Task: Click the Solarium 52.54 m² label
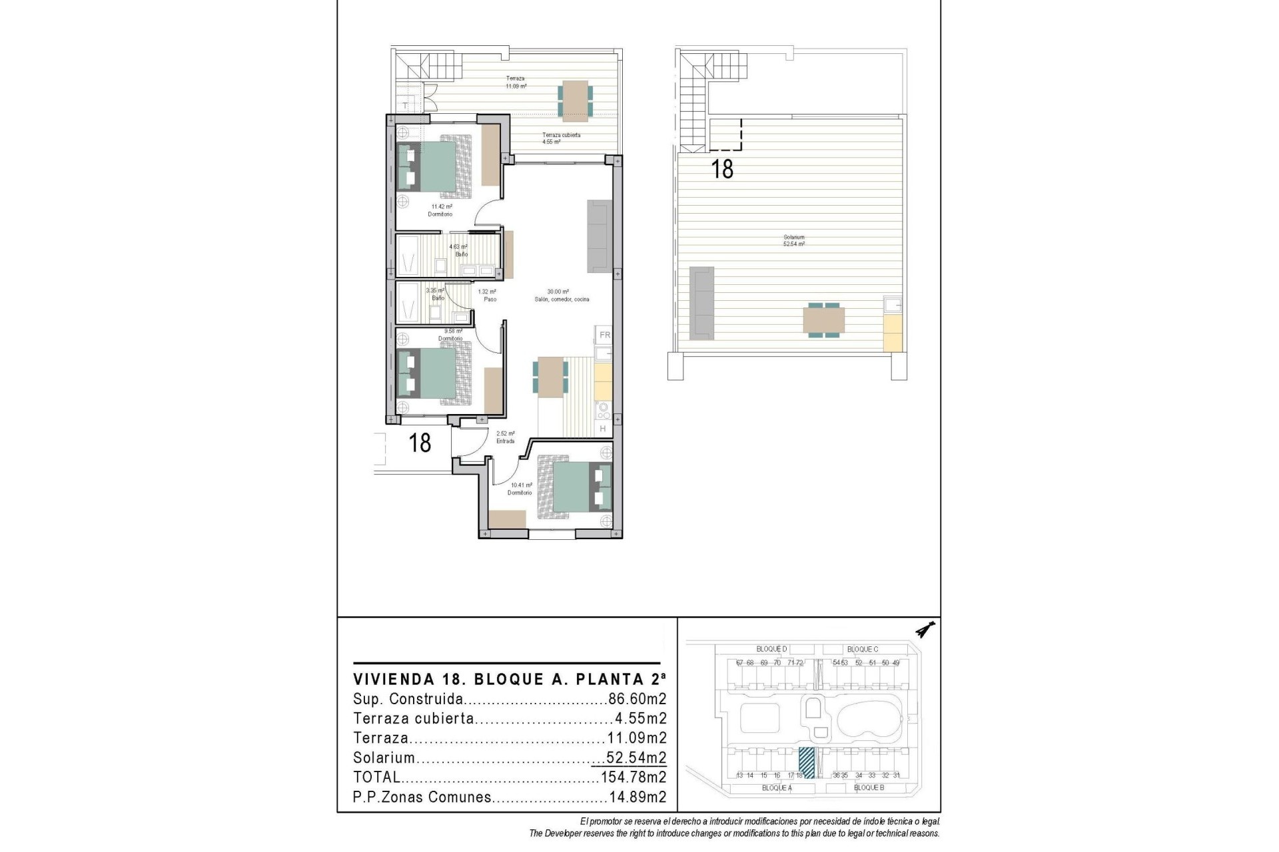pyautogui.click(x=793, y=240)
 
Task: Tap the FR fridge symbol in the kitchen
pyautogui.click(x=604, y=335)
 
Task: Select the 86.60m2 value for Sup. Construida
pyautogui.click(x=638, y=700)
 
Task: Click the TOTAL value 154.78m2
pyautogui.click(x=634, y=777)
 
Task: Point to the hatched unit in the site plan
pyautogui.click(x=807, y=763)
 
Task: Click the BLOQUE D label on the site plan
pyautogui.click(x=771, y=649)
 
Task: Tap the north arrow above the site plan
pyautogui.click(x=925, y=628)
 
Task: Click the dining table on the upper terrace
pyautogui.click(x=574, y=101)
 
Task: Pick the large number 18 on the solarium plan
pyautogui.click(x=722, y=168)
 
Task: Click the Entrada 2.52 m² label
pyautogui.click(x=505, y=437)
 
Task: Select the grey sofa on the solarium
pyautogui.click(x=701, y=301)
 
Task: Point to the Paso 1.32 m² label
pyautogui.click(x=488, y=295)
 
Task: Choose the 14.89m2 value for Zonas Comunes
pyautogui.click(x=638, y=797)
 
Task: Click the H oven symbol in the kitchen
pyautogui.click(x=603, y=429)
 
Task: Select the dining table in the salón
pyautogui.click(x=551, y=377)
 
